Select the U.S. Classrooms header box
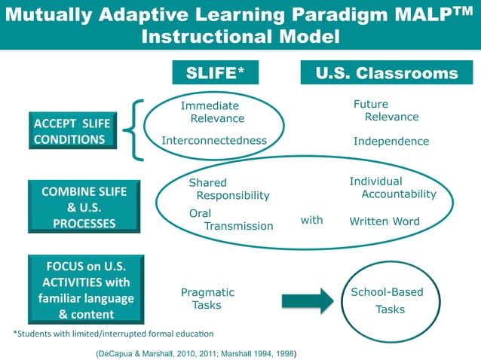coord(385,72)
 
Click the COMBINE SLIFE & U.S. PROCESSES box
coord(84,205)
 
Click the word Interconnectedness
coord(214,140)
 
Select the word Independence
coord(391,141)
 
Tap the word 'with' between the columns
coord(311,220)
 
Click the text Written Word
coord(384,221)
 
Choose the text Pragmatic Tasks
coord(207,298)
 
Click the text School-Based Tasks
coord(388,301)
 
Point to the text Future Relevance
coord(385,110)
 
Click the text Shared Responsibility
coord(228,188)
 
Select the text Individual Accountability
coord(392,188)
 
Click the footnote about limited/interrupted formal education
coord(113,333)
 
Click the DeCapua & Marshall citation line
coord(196,352)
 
